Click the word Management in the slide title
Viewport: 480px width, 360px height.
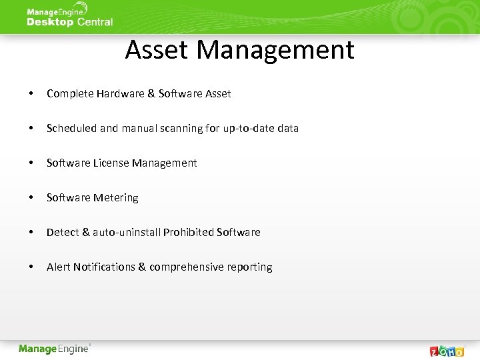(275, 50)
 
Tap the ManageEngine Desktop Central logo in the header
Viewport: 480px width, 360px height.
(69, 16)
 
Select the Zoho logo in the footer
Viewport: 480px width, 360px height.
(447, 350)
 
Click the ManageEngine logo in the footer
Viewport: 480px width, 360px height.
(54, 349)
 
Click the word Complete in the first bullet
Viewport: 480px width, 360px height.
(70, 94)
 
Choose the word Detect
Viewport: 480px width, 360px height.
(63, 233)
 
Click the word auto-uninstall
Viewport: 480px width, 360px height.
(127, 233)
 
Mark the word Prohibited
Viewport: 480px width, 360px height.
(189, 233)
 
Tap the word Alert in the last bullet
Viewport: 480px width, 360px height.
(59, 267)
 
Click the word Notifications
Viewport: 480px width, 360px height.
(104, 267)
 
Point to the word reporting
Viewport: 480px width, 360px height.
(249, 267)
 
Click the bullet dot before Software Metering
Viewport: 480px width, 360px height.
(31, 198)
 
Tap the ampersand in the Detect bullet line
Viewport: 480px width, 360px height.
(85, 233)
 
